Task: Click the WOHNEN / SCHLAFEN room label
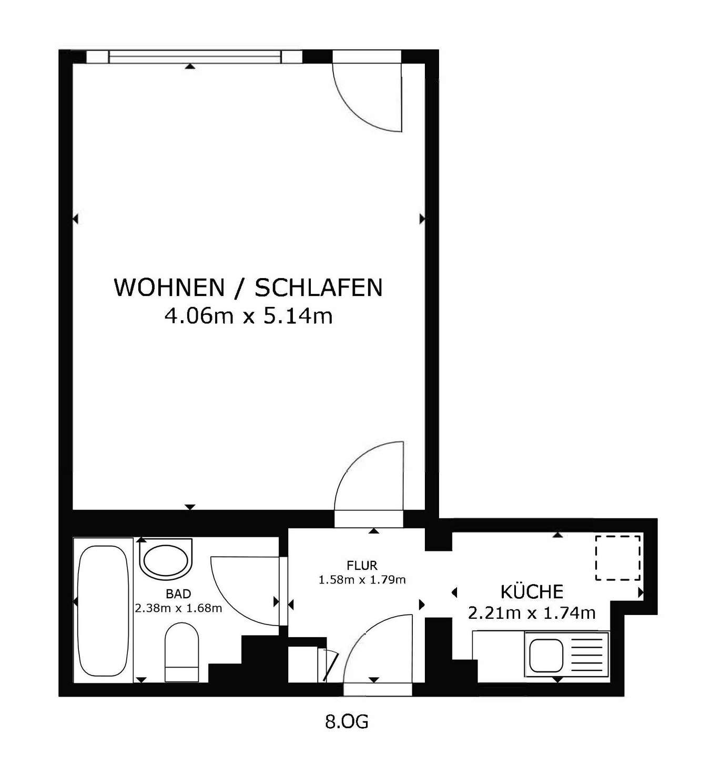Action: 248,288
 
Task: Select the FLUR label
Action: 362,565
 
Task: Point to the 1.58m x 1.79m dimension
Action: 362,580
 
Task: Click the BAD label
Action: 178,594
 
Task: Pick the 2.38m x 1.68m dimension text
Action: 178,608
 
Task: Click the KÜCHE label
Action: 532,591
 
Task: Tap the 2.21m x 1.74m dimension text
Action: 532,613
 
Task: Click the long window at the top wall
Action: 195,56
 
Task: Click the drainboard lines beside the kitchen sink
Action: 586,656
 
